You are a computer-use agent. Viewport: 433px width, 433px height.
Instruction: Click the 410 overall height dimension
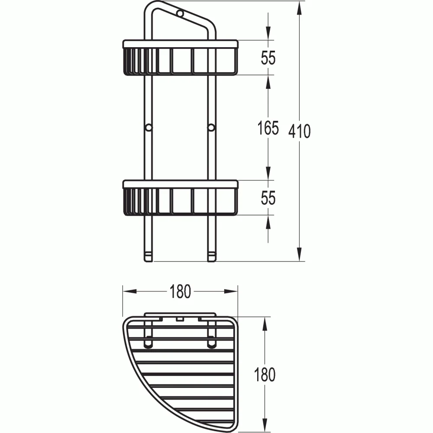tap(299, 131)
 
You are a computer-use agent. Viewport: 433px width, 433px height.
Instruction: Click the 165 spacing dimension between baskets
tap(268, 128)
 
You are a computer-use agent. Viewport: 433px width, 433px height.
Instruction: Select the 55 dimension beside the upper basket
tap(268, 58)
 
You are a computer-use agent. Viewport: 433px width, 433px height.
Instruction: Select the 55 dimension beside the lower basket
tap(268, 198)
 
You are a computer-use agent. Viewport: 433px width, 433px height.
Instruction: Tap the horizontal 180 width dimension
tap(180, 291)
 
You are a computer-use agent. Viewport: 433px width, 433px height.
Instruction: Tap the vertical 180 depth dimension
tap(265, 375)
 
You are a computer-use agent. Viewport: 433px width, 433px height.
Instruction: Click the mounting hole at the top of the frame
tap(180, 13)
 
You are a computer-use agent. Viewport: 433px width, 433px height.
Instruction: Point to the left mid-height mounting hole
tap(148, 128)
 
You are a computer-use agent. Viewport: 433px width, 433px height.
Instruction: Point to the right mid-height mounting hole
tap(211, 128)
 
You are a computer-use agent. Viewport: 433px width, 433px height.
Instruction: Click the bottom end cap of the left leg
tap(148, 257)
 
